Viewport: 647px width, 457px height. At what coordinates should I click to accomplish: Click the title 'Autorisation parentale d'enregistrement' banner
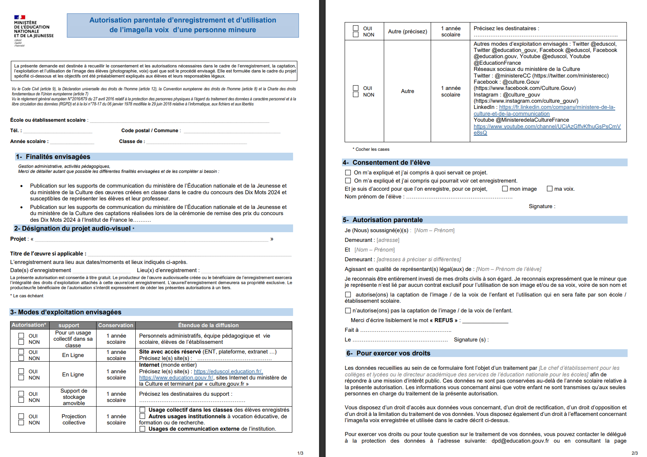183,25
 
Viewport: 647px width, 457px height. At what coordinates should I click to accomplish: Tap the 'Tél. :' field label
16,131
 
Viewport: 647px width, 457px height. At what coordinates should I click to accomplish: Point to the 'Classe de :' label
132,141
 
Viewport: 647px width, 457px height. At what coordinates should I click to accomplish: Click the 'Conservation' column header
116,325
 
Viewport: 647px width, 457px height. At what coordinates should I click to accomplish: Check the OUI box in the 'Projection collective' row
21,416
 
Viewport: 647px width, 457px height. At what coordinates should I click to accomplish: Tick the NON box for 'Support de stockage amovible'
21,400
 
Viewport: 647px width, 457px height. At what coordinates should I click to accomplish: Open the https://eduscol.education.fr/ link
228,371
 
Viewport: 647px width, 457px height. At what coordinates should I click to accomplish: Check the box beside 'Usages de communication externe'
142,429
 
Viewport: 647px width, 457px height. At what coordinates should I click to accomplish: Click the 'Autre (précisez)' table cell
407,31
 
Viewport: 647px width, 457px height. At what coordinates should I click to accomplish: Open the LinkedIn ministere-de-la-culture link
557,107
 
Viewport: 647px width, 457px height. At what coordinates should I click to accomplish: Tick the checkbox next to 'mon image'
505,189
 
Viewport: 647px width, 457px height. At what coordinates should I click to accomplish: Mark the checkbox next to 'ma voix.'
549,189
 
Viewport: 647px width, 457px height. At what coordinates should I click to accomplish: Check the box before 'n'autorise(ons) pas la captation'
348,310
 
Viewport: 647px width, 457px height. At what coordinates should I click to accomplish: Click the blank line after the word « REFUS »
485,321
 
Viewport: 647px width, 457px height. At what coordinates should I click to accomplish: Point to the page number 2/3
634,453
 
